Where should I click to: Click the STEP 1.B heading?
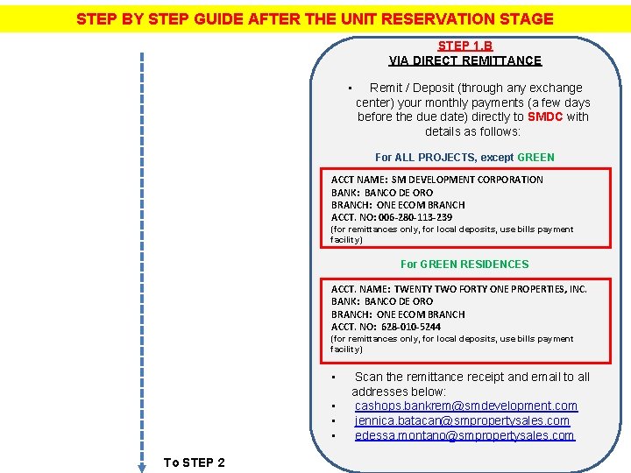click(464, 46)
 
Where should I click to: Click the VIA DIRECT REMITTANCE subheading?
click(464, 60)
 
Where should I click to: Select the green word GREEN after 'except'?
click(535, 157)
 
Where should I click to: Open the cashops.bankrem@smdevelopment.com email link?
click(465, 406)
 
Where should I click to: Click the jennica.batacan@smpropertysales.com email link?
click(462, 420)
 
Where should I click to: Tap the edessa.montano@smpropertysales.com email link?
click(464, 435)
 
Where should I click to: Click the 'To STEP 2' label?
click(194, 462)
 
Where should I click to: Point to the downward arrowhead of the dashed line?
click(142, 468)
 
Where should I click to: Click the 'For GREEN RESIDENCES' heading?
click(464, 264)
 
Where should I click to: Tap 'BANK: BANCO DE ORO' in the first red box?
click(382, 193)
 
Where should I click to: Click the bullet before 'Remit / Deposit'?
click(349, 88)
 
